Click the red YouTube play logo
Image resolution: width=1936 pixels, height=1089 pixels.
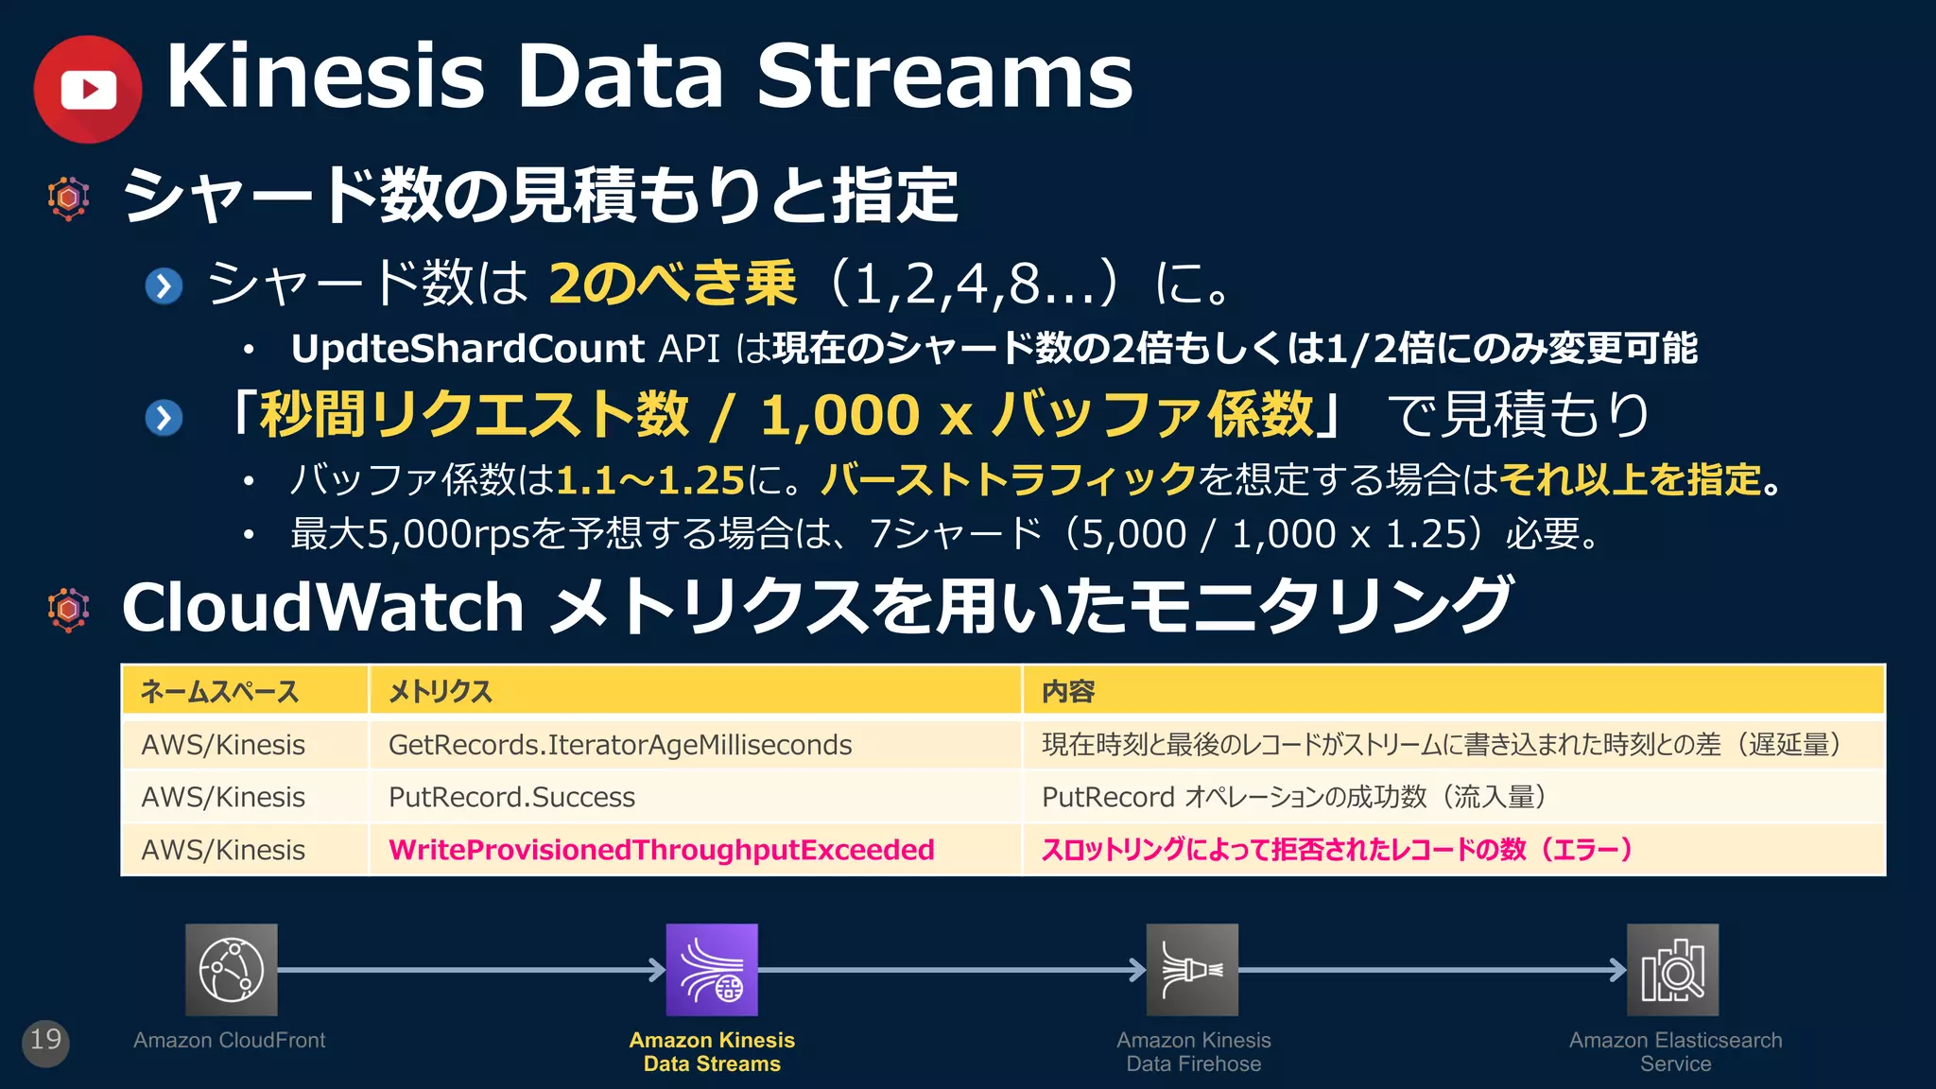point(88,90)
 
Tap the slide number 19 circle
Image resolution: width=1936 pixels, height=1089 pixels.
point(45,1041)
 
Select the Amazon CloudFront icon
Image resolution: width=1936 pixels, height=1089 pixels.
point(232,970)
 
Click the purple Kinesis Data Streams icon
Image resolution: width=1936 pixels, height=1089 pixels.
point(712,970)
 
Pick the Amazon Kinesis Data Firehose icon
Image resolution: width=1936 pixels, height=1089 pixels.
point(1192,970)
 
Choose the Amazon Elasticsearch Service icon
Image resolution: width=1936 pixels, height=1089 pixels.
point(1672,970)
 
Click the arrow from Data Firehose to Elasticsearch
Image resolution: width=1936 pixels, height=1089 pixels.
point(1431,970)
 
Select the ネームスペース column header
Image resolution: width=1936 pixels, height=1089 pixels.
point(219,692)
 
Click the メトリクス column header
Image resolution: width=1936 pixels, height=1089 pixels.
point(441,692)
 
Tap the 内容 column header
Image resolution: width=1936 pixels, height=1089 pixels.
point(1068,692)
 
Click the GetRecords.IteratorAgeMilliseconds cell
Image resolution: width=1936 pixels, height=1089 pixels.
point(620,745)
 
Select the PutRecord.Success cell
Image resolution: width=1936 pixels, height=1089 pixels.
point(511,797)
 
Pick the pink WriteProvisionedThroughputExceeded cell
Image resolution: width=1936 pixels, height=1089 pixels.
point(661,850)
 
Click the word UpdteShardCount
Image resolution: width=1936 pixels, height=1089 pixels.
point(467,349)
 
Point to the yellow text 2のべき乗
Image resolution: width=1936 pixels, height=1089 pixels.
point(672,283)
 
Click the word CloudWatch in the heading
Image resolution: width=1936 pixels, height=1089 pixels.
point(322,607)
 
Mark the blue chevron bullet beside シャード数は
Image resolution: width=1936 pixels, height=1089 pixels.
point(164,285)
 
